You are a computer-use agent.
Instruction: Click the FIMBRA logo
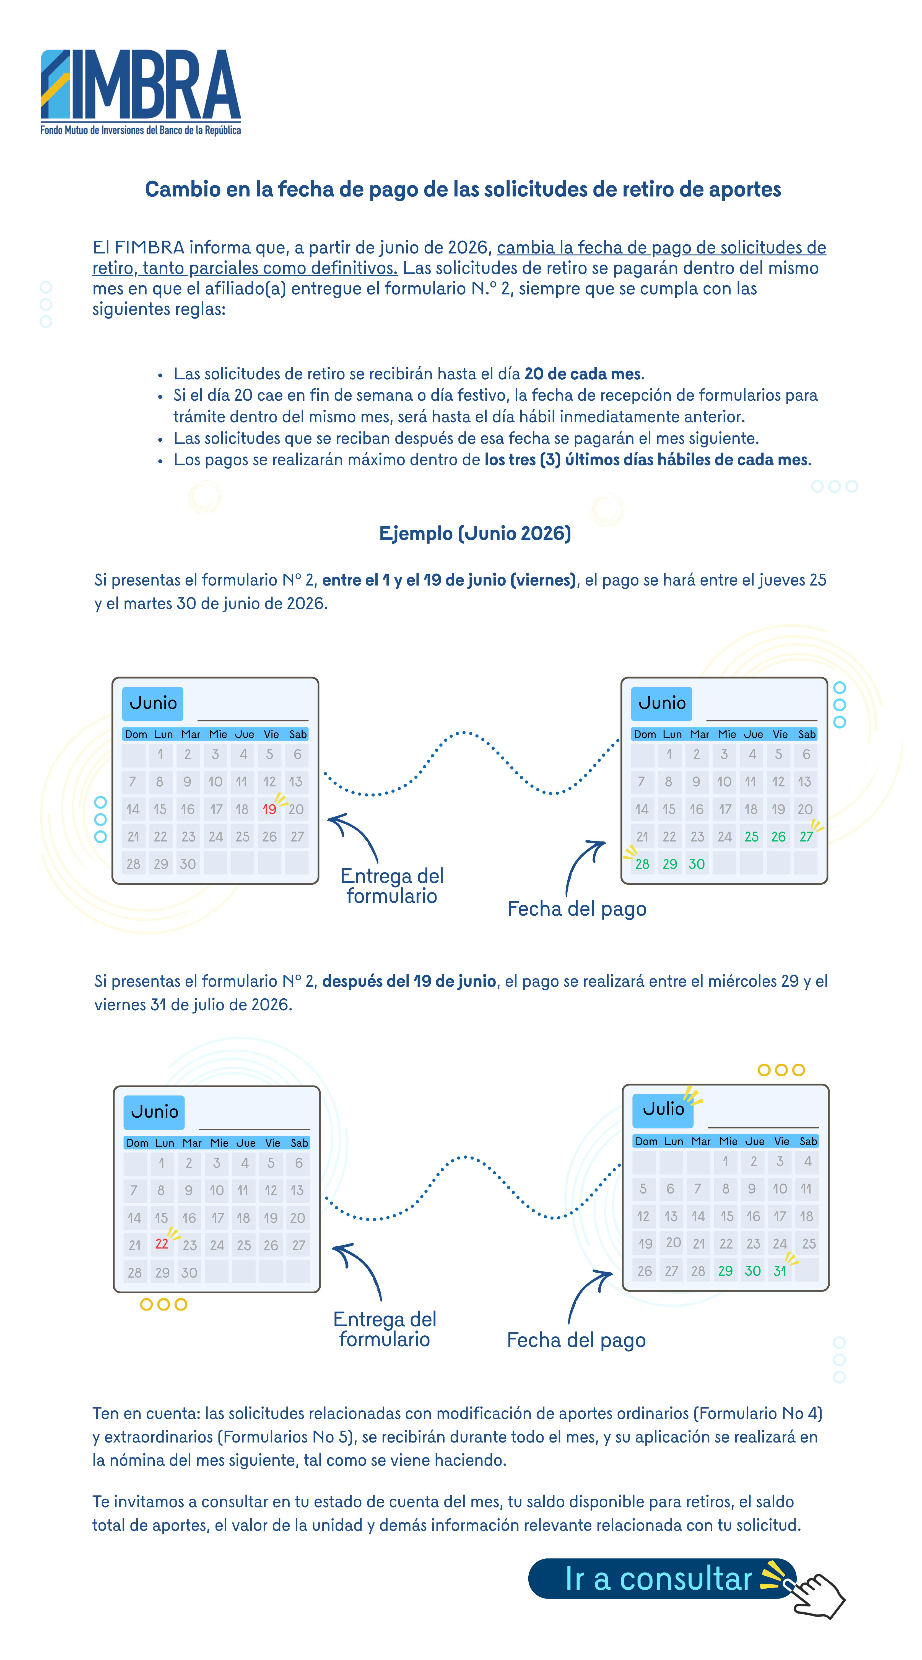pyautogui.click(x=141, y=92)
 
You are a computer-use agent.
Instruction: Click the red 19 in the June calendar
pyautogui.click(x=269, y=809)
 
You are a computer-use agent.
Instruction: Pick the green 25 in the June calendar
pyautogui.click(x=751, y=837)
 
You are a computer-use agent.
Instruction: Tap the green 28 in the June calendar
pyautogui.click(x=642, y=864)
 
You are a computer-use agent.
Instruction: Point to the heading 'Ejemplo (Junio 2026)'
pyautogui.click(x=475, y=534)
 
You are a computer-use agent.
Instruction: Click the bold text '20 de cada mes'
pyautogui.click(x=583, y=374)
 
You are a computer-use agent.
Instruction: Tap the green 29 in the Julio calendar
pyautogui.click(x=725, y=1271)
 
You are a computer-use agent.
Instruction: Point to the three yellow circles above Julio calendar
pyautogui.click(x=781, y=1070)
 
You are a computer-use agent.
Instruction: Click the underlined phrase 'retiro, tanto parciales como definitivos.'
pyautogui.click(x=245, y=268)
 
